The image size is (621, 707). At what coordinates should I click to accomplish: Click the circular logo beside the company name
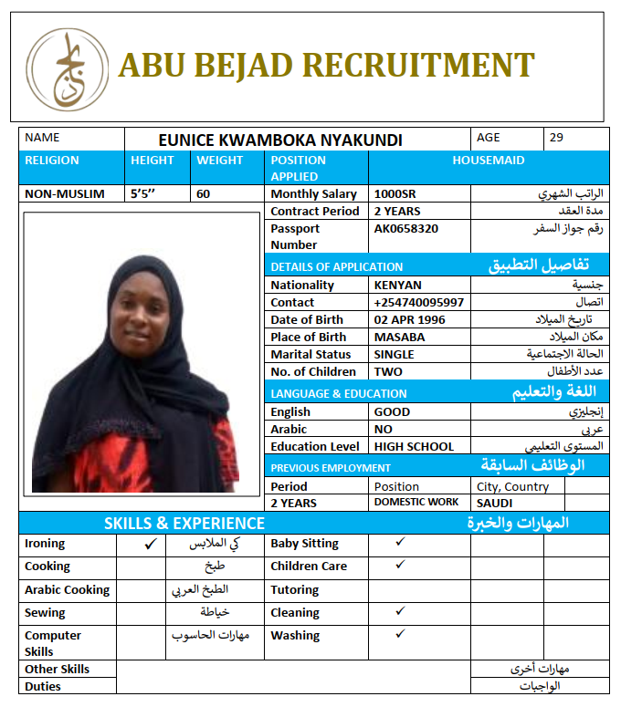pyautogui.click(x=67, y=69)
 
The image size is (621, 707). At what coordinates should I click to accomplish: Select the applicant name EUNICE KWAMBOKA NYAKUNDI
pyautogui.click(x=279, y=140)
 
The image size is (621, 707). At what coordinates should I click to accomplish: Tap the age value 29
pyautogui.click(x=556, y=138)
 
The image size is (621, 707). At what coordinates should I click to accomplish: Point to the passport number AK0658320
pyautogui.click(x=405, y=229)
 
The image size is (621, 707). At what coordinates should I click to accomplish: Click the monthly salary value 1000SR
pyautogui.click(x=395, y=194)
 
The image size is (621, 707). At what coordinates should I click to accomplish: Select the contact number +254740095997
pyautogui.click(x=418, y=302)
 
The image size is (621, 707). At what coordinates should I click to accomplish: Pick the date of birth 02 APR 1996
pyautogui.click(x=409, y=319)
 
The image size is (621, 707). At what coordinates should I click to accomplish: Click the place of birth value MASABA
pyautogui.click(x=399, y=337)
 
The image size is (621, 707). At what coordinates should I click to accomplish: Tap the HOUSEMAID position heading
pyautogui.click(x=489, y=160)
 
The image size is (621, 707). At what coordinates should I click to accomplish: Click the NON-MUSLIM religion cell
pyautogui.click(x=65, y=193)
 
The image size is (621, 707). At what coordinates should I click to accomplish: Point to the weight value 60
pyautogui.click(x=203, y=193)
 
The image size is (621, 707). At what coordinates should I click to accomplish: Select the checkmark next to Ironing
pyautogui.click(x=151, y=544)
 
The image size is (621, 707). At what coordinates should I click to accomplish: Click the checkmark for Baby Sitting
pyautogui.click(x=400, y=542)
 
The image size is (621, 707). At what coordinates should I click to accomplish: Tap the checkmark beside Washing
pyautogui.click(x=400, y=634)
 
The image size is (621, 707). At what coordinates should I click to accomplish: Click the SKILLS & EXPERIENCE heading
pyautogui.click(x=184, y=523)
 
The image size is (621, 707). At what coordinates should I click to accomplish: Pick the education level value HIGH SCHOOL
pyautogui.click(x=414, y=446)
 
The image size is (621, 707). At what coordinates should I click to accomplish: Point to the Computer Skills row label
pyautogui.click(x=53, y=642)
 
